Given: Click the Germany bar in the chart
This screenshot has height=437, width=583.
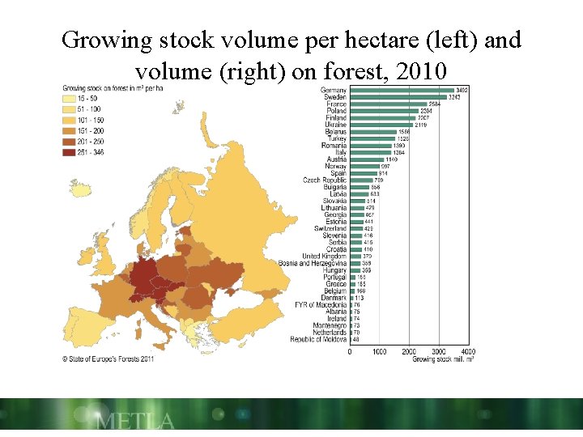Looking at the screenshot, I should pos(401,90).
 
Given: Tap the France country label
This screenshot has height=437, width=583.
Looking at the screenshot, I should pos(336,104).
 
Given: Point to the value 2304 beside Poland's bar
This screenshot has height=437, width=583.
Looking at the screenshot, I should pos(426,111).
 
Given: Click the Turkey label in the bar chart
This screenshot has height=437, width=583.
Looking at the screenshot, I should pos(335,138).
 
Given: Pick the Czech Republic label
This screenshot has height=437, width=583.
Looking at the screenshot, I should pos(325,180).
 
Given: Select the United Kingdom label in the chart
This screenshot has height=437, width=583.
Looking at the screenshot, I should pos(324,257).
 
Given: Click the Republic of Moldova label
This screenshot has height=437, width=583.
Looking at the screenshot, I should pos(318,339).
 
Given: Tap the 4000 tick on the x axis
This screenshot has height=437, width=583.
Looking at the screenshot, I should pos(468,352).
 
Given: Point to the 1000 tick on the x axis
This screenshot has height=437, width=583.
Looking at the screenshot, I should pos(379,352).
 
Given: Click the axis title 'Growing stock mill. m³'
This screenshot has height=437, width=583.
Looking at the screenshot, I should pos(443,359).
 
